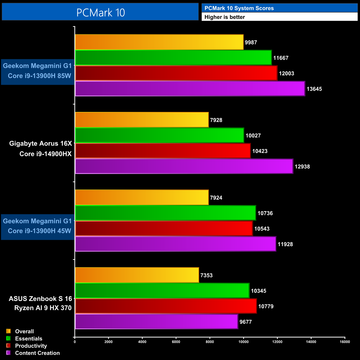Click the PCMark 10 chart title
pyautogui.click(x=101, y=12)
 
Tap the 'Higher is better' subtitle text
pyautogui.click(x=225, y=17)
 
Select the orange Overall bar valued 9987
pyautogui.click(x=159, y=42)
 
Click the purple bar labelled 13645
pyautogui.click(x=190, y=89)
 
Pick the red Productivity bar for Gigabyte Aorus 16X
pyautogui.click(x=163, y=151)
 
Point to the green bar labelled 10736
pyautogui.click(x=165, y=213)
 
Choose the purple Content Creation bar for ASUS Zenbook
pyautogui.click(x=156, y=322)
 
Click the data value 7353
pyautogui.click(x=206, y=275)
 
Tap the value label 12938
pyautogui.click(x=302, y=167)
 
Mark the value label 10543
pyautogui.click(x=262, y=229)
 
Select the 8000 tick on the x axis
pyautogui.click(x=210, y=342)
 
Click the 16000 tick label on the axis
pyautogui.click(x=345, y=342)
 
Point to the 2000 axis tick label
pyautogui.click(x=108, y=342)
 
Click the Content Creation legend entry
pyautogui.click(x=37, y=353)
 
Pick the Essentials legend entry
pyautogui.click(x=29, y=339)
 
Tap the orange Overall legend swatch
pyautogui.click(x=8, y=331)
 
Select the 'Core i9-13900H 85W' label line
pyautogui.click(x=39, y=76)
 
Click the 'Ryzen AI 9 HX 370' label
pyautogui.click(x=43, y=308)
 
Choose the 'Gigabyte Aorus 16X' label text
pyautogui.click(x=40, y=143)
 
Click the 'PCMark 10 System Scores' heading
pyautogui.click(x=239, y=8)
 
